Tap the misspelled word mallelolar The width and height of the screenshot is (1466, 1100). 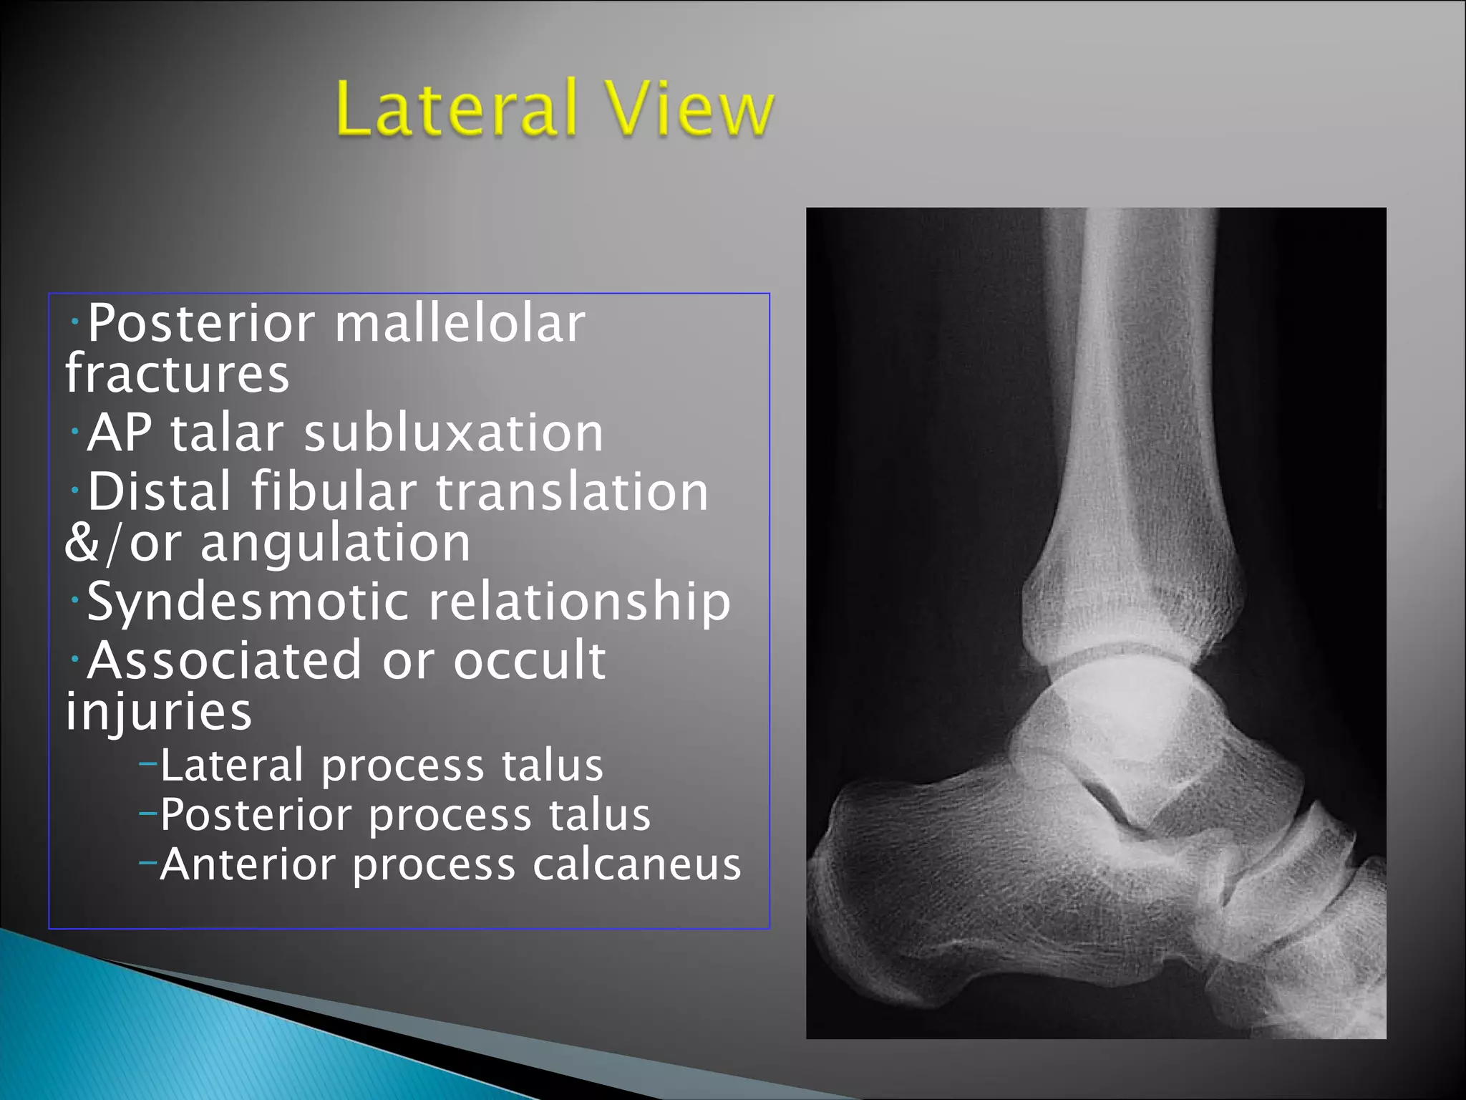pos(460,324)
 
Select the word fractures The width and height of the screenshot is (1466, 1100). pos(177,374)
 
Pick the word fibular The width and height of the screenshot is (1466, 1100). pos(334,492)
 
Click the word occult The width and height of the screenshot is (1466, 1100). pos(530,660)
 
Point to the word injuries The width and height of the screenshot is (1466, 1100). pos(158,713)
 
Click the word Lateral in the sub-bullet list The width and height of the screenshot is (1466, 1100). pos(232,766)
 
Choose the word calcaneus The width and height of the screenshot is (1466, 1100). pos(636,865)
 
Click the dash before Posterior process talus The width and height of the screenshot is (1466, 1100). pos(147,814)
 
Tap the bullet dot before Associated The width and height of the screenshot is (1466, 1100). pos(74,658)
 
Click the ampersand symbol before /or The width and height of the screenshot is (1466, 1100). pos(81,544)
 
